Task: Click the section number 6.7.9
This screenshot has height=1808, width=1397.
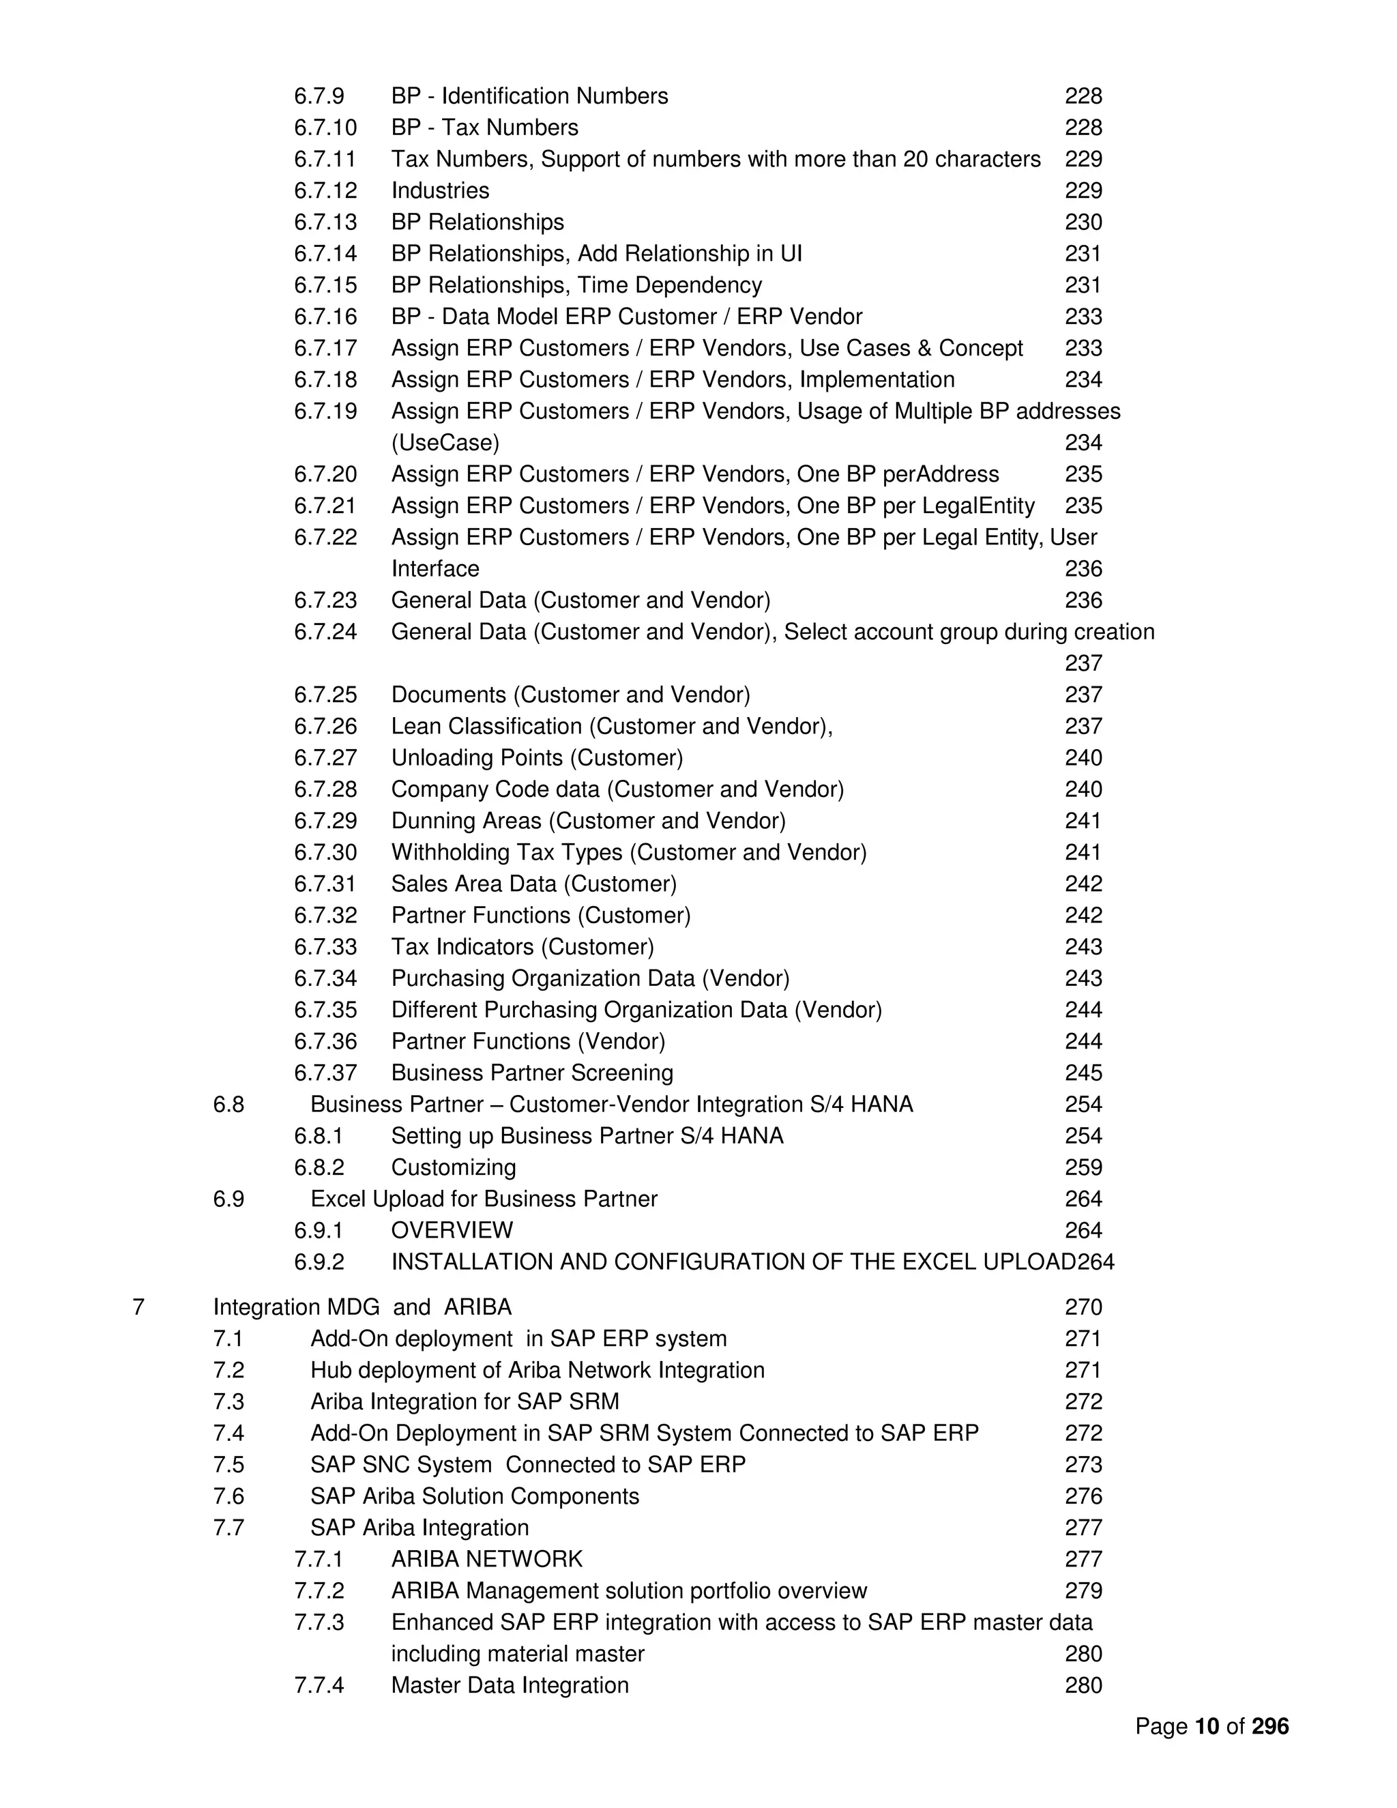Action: click(319, 96)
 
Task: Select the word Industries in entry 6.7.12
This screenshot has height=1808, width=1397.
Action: click(439, 190)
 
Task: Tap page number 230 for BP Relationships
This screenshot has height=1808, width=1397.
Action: click(1083, 222)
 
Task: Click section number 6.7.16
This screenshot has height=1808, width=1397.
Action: click(325, 317)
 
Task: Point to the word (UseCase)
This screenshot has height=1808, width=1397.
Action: click(445, 443)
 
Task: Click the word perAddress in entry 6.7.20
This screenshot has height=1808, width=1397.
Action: click(941, 474)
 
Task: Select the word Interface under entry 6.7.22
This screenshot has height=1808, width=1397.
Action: click(435, 569)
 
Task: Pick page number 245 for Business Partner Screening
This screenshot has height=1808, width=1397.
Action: click(1083, 1073)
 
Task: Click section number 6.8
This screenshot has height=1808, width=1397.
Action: click(229, 1105)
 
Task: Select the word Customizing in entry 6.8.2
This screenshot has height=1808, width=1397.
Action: click(453, 1167)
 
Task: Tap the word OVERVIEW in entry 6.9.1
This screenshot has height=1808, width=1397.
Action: click(452, 1230)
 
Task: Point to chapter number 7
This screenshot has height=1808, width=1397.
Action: click(138, 1307)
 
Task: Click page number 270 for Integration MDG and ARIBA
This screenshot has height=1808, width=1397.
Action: click(1083, 1307)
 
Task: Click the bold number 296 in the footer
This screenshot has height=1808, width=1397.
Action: click(1269, 1726)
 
